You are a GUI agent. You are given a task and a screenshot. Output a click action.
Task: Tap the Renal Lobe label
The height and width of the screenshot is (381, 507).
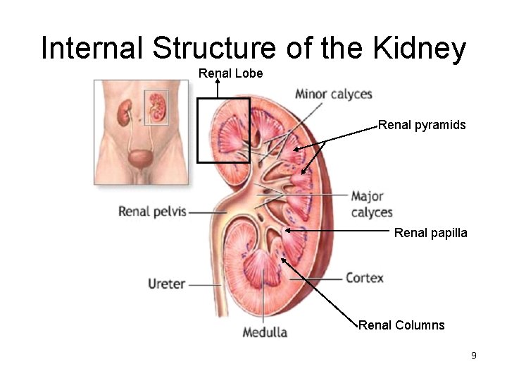tap(230, 73)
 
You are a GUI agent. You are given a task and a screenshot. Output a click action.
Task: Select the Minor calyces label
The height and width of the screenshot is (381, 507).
tap(333, 95)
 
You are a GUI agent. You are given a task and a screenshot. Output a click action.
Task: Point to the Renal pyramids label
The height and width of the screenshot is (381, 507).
tap(422, 125)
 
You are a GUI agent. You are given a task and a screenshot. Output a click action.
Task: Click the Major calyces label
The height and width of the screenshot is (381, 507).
tap(371, 204)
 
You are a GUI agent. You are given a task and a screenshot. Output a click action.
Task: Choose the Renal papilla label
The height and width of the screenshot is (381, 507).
tap(430, 232)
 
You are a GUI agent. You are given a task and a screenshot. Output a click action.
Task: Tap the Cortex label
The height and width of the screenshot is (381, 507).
tap(364, 278)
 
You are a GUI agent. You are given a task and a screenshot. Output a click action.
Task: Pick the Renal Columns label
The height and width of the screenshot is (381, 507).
tap(401, 325)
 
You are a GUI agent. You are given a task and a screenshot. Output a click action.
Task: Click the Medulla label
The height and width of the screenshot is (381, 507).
tap(265, 332)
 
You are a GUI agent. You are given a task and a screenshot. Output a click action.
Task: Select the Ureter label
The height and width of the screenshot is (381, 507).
tap(166, 284)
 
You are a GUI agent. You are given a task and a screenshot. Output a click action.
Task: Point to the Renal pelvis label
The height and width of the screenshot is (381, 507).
tap(152, 211)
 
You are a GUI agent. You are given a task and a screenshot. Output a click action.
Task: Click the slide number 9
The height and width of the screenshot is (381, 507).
tap(474, 356)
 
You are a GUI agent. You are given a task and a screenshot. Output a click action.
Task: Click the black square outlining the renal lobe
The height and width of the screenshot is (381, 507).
tap(198, 131)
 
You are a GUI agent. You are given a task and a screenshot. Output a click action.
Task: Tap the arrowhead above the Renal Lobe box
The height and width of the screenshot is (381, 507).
tap(218, 81)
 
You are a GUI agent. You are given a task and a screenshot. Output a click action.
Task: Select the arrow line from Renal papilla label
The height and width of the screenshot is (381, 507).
tap(338, 230)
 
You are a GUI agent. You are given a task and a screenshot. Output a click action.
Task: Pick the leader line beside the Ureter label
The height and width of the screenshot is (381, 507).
tap(204, 285)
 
